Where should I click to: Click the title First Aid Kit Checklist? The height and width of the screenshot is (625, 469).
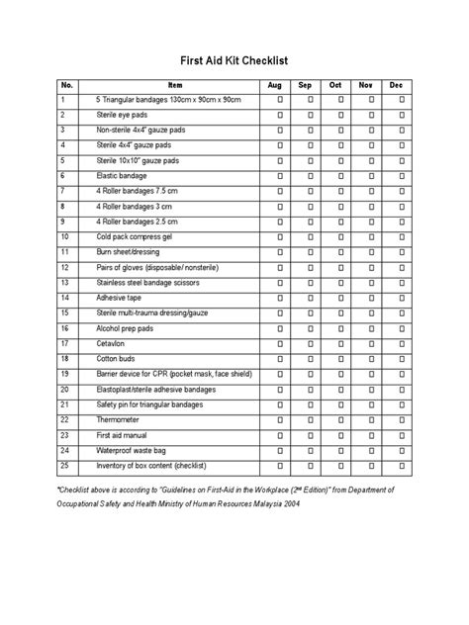pos(234,58)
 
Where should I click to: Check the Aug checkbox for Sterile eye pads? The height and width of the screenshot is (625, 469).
pos(280,116)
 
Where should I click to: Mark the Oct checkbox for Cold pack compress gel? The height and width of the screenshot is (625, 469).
pos(340,238)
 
